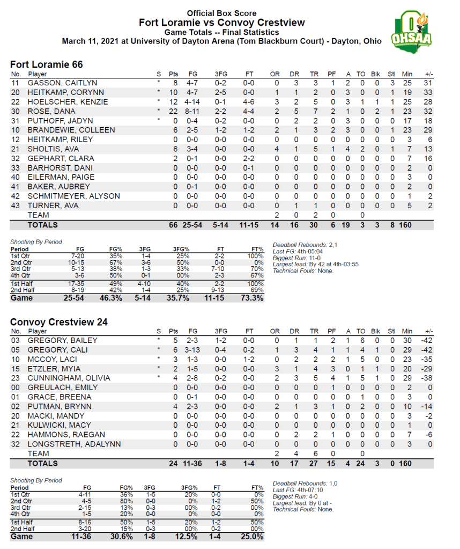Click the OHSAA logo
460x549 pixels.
411,31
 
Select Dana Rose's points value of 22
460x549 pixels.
173,111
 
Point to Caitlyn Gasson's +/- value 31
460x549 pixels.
428,83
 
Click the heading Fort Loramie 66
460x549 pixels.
47,64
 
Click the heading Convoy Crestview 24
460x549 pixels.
59,322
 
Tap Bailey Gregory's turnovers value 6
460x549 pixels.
363,340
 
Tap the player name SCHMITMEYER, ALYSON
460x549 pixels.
74,196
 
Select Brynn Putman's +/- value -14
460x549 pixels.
426,406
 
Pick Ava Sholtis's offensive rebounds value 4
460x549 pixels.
277,149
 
